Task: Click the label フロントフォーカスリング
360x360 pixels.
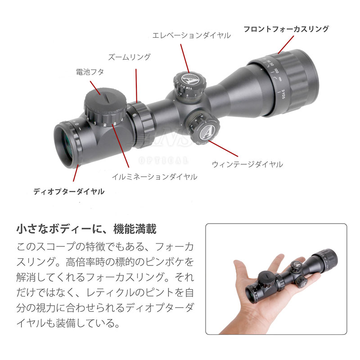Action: [x=286, y=29]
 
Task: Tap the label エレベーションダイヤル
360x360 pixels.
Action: [x=191, y=35]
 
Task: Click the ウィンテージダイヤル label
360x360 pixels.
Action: [x=247, y=164]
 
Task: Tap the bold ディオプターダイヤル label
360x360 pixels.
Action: [x=69, y=191]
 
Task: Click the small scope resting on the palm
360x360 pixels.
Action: [x=288, y=275]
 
